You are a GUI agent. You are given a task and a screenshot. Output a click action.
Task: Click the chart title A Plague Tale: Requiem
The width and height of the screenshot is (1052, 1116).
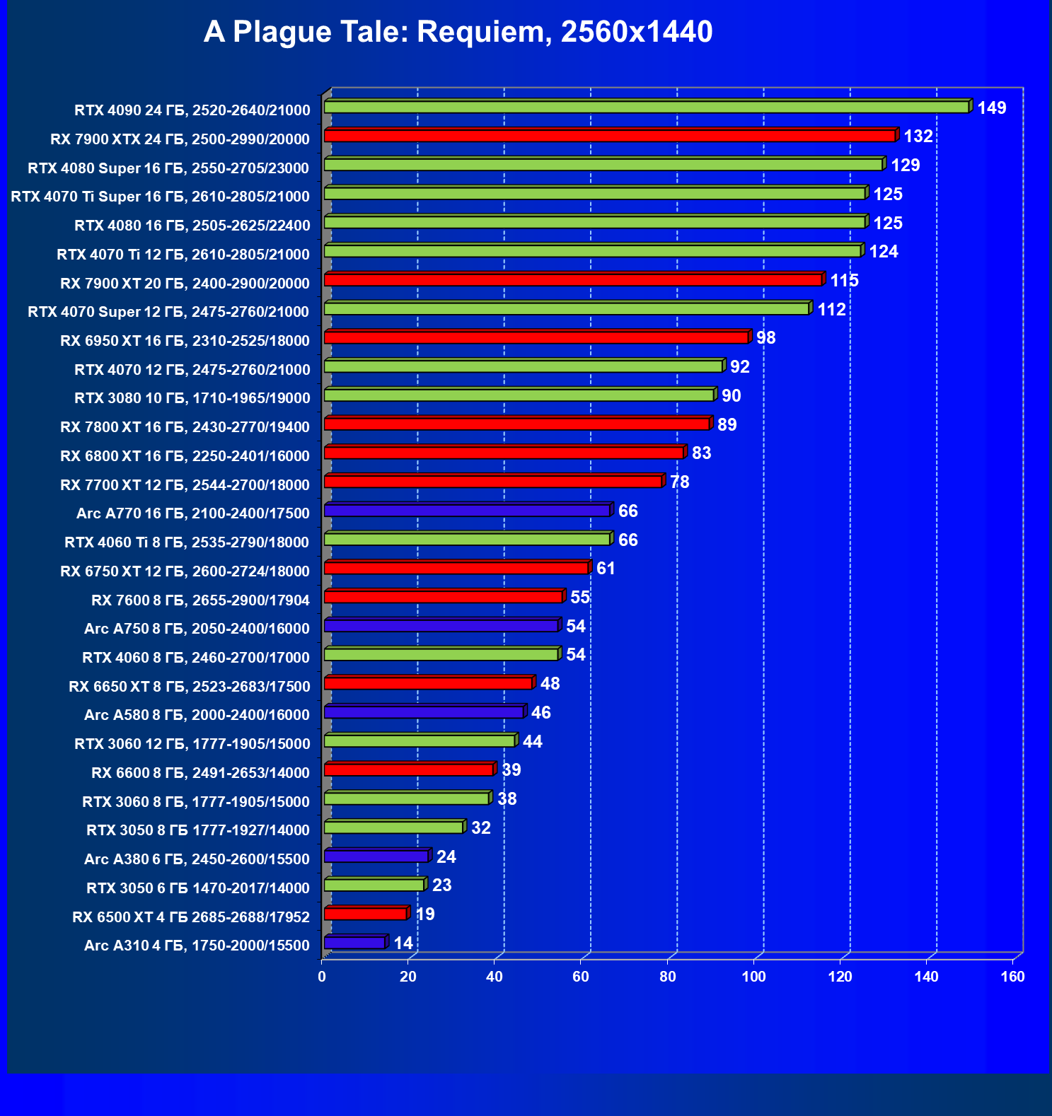click(458, 32)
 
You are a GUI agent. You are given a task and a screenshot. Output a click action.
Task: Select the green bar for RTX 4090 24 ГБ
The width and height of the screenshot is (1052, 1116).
click(646, 107)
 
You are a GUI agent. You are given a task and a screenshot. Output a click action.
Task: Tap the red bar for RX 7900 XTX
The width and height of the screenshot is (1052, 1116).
click(609, 136)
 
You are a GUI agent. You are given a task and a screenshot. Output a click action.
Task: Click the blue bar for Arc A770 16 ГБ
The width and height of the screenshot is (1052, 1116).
click(467, 511)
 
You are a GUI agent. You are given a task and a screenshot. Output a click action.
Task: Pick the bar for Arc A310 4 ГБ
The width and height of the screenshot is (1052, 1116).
click(354, 943)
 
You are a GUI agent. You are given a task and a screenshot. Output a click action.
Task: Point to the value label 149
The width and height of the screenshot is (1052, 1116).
click(991, 108)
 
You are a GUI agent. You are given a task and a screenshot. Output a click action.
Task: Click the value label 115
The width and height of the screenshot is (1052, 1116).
click(844, 281)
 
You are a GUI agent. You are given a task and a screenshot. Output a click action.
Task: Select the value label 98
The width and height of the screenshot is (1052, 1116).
click(765, 338)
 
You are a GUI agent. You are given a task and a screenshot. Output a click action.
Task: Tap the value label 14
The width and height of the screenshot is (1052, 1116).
click(403, 943)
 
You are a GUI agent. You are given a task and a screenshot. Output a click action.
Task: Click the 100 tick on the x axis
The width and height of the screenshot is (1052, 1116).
click(753, 977)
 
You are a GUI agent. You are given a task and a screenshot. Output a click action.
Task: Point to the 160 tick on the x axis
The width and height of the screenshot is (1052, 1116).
click(1012, 977)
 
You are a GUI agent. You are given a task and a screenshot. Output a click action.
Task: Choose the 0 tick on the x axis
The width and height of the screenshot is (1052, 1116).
click(322, 977)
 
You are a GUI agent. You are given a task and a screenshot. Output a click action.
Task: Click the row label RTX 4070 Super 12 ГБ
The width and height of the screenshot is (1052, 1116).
click(168, 312)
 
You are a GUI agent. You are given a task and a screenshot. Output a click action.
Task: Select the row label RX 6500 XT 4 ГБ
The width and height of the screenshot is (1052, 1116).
click(191, 917)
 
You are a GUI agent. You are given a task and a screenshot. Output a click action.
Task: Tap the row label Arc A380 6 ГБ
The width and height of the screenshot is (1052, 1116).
click(197, 859)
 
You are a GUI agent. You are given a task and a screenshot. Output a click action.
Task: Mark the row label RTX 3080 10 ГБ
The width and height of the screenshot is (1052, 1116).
click(192, 398)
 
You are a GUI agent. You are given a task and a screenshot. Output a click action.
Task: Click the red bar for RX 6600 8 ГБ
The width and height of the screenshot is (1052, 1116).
click(408, 769)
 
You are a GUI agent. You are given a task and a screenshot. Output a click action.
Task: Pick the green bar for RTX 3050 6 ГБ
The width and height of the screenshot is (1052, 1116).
click(374, 885)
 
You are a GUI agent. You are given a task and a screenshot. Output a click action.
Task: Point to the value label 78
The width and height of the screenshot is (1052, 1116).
click(679, 482)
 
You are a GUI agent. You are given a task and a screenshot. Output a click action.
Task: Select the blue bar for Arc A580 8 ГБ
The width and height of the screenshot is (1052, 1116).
click(423, 712)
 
